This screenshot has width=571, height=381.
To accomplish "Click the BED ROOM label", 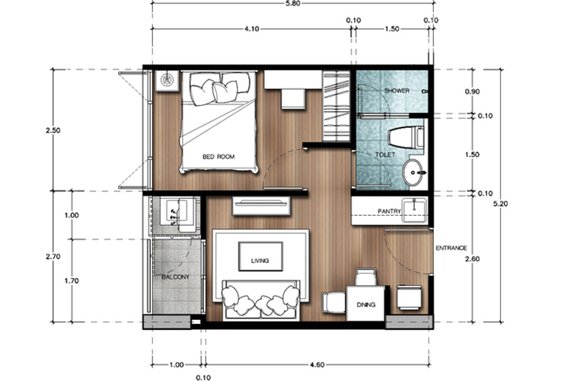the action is pos(219,157).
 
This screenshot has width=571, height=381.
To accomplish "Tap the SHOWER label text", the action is pos(397,91).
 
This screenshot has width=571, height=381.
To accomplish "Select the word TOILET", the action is pos(385,155).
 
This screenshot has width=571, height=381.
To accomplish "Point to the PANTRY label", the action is pos(389,211).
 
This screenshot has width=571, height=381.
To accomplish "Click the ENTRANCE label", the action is pos(451,248).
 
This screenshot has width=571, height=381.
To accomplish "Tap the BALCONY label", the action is pos(176,277).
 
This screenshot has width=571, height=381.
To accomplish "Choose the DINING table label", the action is pos(366,305).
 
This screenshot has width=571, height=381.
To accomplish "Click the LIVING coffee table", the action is pos(260,257).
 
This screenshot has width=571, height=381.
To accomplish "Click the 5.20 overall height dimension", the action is pos(500,203).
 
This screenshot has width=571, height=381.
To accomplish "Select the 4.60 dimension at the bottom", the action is pos(317,364).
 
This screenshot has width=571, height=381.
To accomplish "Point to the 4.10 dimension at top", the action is pos(252,29).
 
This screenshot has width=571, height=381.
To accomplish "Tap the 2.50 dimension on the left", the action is pos(53,130).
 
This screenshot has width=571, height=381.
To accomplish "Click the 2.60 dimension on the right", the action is pos(472,259).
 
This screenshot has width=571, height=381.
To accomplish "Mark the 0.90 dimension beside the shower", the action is pos(472,91).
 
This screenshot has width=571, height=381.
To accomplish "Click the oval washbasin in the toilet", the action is pos(413,172).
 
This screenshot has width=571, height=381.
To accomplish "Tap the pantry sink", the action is pos(414,210).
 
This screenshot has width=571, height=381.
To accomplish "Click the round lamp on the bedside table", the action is pos(167,80).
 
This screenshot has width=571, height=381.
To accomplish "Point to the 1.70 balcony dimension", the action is pos(72,280).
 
